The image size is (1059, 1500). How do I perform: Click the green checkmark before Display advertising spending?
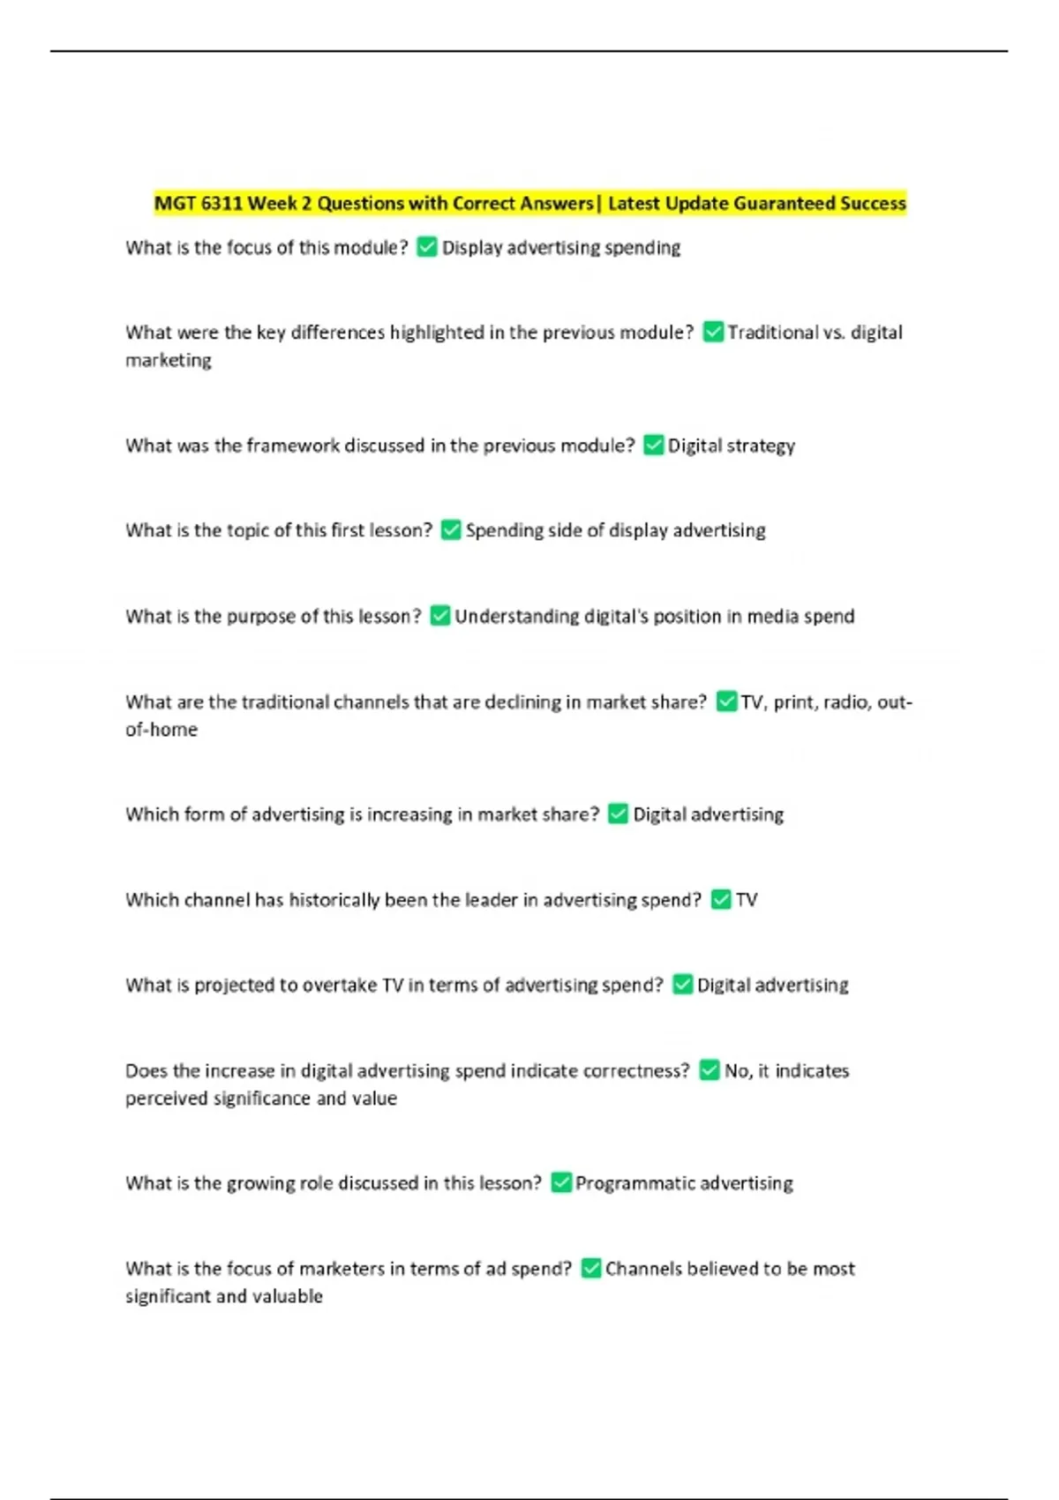(426, 247)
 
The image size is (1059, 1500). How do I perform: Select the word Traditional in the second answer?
(772, 333)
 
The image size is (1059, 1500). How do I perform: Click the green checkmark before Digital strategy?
(653, 445)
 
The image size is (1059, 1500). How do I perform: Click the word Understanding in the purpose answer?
(516, 616)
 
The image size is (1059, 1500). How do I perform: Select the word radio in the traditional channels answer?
(843, 702)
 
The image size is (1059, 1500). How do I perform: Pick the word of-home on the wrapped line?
(161, 730)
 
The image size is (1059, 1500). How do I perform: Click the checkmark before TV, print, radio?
(726, 701)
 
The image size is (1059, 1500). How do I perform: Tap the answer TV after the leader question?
(747, 900)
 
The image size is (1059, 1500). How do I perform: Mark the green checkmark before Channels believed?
(590, 1268)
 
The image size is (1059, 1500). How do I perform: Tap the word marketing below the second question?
(169, 360)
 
